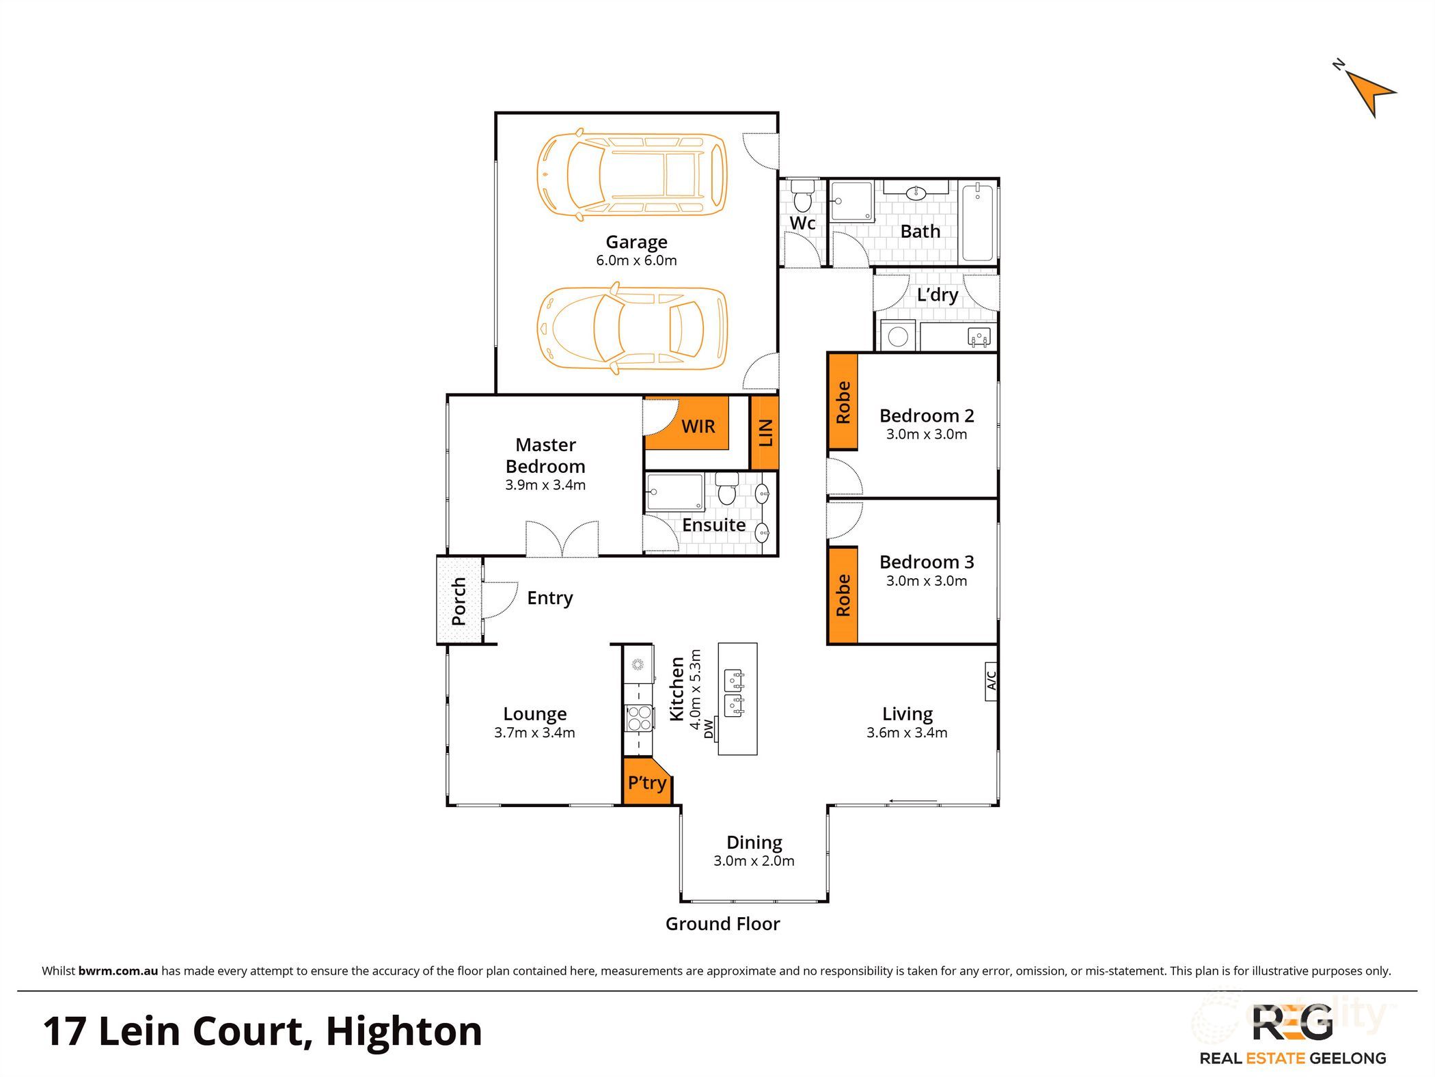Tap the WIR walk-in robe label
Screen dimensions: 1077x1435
click(698, 426)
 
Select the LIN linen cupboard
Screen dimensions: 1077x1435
click(765, 433)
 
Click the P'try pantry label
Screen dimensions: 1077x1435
click(646, 782)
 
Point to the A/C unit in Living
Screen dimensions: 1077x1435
click(992, 681)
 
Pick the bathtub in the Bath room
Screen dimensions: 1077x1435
click(978, 221)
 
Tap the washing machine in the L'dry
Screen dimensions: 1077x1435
click(898, 336)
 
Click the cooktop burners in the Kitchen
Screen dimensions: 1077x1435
click(639, 718)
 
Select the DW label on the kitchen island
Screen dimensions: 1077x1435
click(709, 729)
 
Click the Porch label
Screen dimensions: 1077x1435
click(459, 601)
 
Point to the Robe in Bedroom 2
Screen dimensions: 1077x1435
click(843, 402)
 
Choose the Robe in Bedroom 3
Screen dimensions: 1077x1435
click(843, 595)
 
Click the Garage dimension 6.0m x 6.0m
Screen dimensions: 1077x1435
click(636, 260)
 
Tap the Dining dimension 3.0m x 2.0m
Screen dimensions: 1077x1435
click(754, 861)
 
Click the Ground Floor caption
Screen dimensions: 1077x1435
click(722, 924)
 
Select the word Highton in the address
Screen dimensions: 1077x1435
click(404, 1031)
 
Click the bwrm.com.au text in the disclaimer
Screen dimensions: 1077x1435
click(118, 971)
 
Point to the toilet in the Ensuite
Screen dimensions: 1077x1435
click(726, 487)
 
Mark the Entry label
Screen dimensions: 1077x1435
click(549, 598)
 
